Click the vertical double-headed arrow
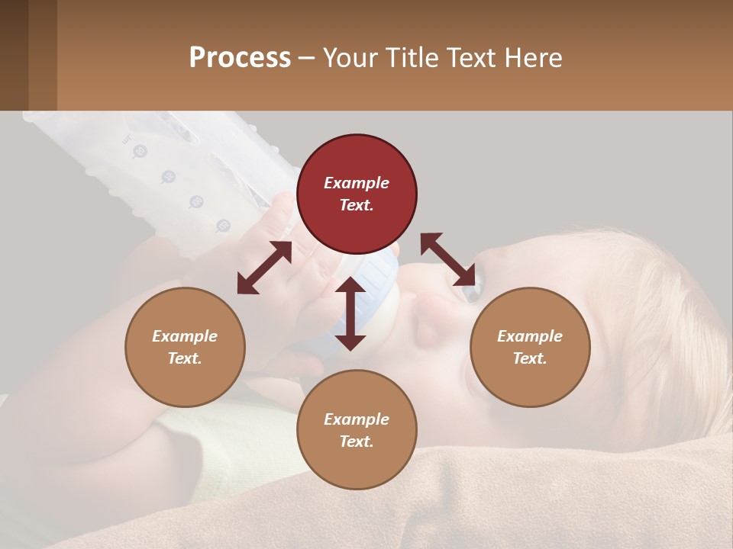click(350, 313)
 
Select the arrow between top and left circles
click(264, 268)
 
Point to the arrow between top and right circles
click(448, 258)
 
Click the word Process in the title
click(240, 58)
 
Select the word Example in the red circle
click(357, 183)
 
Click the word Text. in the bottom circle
click(357, 441)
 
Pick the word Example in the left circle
click(185, 336)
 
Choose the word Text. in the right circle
click(530, 358)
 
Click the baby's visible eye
click(470, 291)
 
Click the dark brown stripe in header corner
click(14, 55)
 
